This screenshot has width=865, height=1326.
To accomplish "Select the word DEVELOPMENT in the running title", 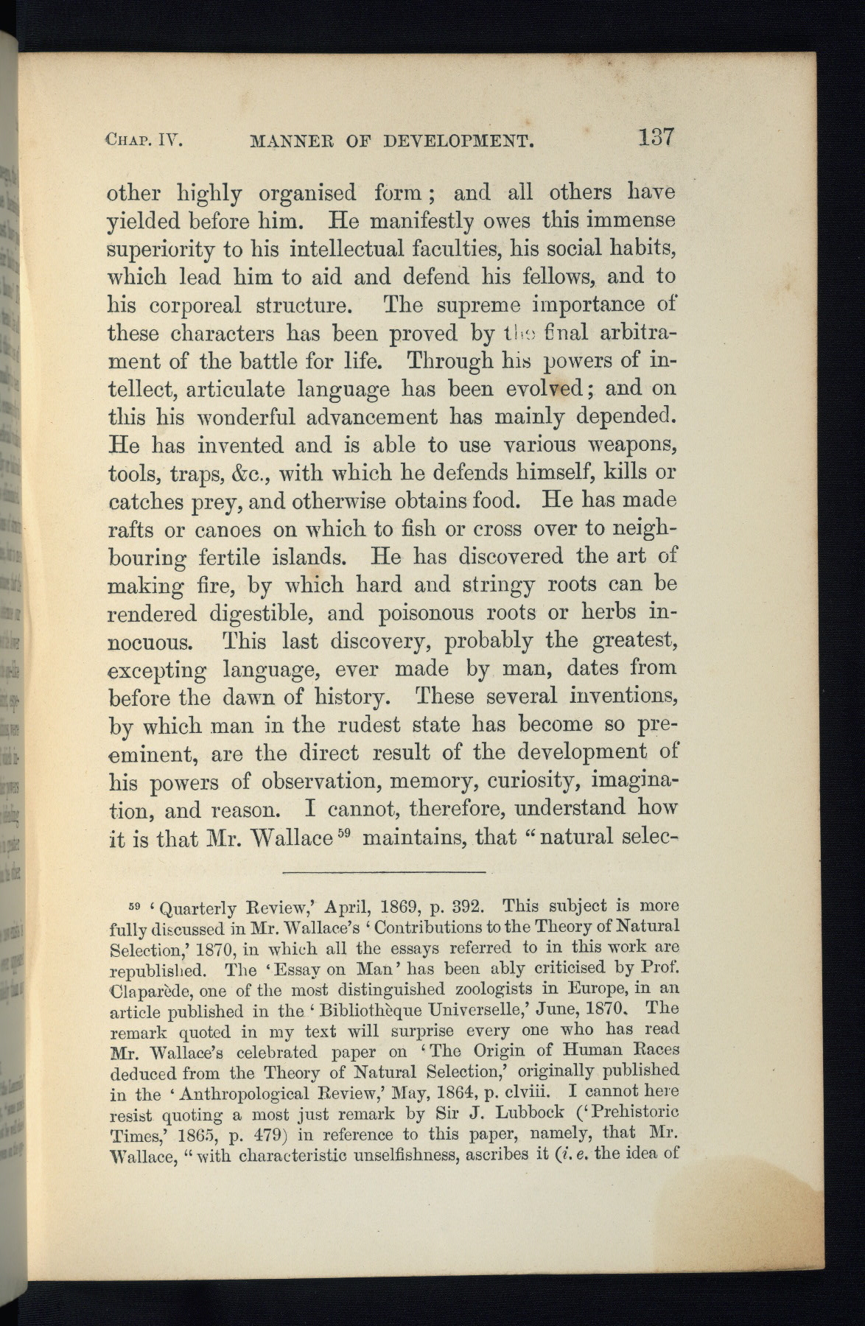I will click(460, 139).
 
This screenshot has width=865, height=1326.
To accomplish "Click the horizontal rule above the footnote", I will click(383, 874).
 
